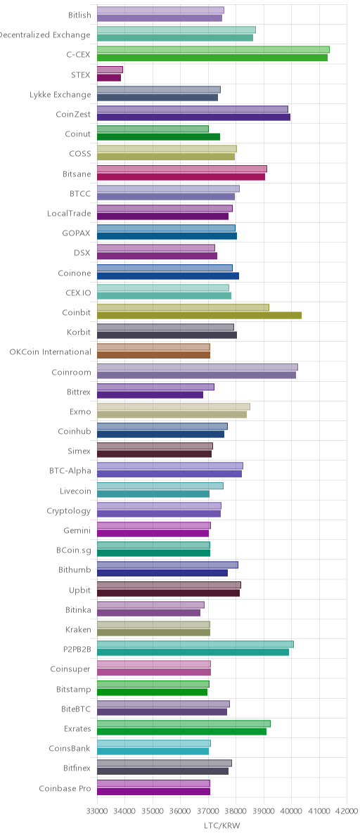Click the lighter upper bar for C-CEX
pos(213,50)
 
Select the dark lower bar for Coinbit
pos(199,316)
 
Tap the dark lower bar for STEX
pos(109,77)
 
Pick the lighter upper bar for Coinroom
pos(198,367)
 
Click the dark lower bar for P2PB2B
pos(193,652)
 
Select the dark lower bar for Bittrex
pos(150,394)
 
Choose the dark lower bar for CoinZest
pos(194,117)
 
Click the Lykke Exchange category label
pos(60,95)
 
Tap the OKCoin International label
pos(50,352)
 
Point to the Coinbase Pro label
pos(65,788)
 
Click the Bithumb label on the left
pos(75,569)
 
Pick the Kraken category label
pos(78,629)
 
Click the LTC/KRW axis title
pos(222,826)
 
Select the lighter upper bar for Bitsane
pos(182,169)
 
